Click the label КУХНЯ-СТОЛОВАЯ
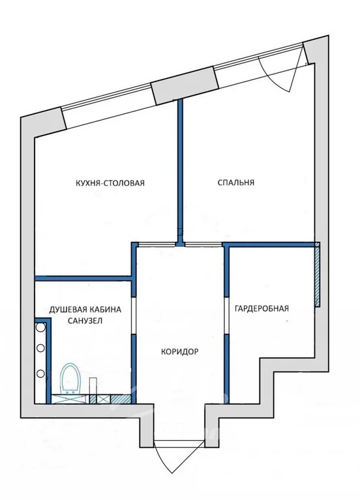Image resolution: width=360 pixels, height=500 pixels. tap(110, 183)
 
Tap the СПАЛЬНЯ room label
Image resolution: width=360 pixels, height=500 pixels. tap(235, 183)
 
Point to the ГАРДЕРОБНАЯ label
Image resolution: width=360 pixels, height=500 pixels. tap(261, 308)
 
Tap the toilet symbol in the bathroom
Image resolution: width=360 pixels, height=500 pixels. tap(69, 379)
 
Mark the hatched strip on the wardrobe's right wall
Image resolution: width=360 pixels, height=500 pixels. tap(317, 274)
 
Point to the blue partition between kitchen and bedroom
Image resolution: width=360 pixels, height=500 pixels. tap(180, 169)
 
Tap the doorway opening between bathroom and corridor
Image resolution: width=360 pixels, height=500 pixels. tap(134, 316)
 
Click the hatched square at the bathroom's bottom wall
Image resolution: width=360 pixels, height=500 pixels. tap(93, 399)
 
